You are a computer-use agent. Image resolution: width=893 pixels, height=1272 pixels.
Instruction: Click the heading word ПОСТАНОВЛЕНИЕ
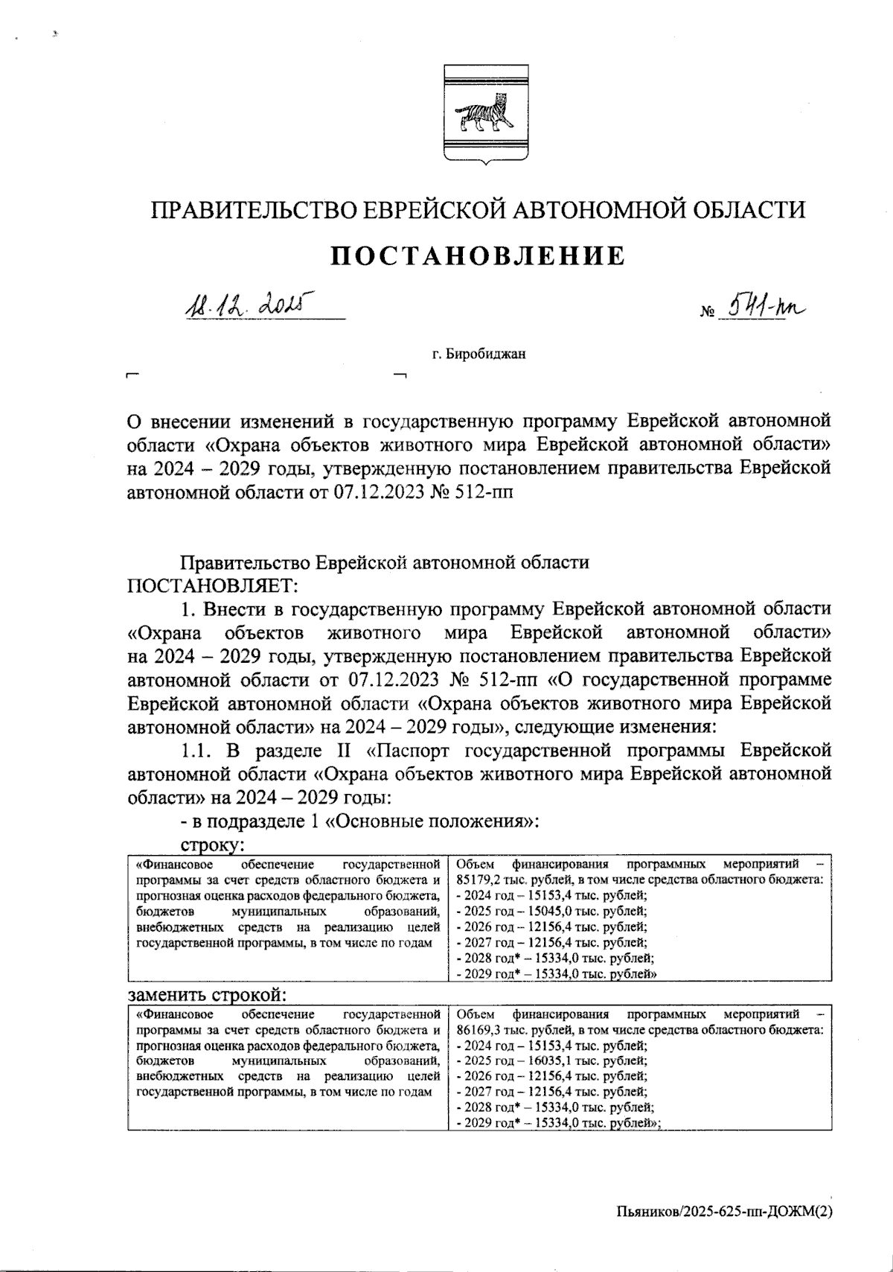tap(477, 256)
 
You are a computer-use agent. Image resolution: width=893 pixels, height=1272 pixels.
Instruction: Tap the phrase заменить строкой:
tap(208, 996)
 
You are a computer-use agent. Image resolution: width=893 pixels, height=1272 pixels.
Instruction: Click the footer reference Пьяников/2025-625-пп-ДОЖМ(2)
tap(723, 1212)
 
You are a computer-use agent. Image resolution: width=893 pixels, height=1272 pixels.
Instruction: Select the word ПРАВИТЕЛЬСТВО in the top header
tap(255, 209)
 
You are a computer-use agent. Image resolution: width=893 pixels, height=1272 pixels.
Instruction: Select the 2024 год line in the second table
tap(551, 1046)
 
